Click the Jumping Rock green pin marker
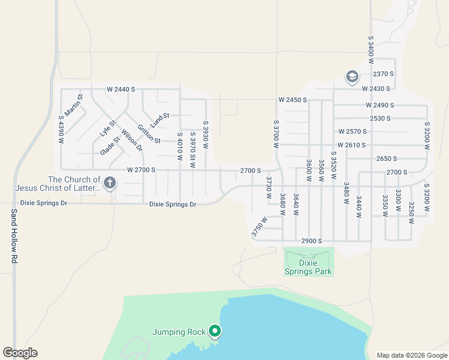214,331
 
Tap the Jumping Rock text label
179,332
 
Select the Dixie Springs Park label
307,266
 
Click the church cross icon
109,182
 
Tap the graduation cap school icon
351,77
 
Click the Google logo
20,353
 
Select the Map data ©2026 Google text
411,355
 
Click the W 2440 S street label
121,89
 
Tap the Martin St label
75,105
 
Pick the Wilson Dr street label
131,140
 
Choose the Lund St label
160,120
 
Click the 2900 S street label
312,241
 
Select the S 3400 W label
371,46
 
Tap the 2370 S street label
383,74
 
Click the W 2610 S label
351,145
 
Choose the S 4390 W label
61,129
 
